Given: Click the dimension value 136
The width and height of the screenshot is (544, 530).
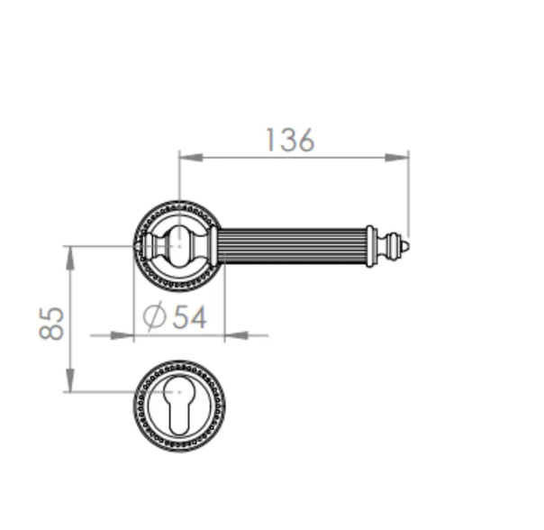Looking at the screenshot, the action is pos(290,140).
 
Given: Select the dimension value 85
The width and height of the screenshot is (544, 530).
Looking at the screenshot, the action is pos(51,324).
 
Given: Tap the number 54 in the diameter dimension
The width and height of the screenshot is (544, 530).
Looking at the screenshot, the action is pos(189,316).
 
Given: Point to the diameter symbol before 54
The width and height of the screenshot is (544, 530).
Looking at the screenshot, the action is pos(154,316).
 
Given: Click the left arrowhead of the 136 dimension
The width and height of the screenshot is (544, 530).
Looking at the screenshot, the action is pos(190,158).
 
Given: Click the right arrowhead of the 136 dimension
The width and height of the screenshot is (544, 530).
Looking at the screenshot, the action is pos(397,158).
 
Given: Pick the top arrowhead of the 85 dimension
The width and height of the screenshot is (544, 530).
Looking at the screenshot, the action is pos(70,258).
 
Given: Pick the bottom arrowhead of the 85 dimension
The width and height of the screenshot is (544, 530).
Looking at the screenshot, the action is pos(70,380).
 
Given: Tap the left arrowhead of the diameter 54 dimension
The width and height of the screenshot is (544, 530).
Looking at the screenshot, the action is pos(122,335).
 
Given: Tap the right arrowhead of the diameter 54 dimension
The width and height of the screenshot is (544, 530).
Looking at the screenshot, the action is pos(237,335).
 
